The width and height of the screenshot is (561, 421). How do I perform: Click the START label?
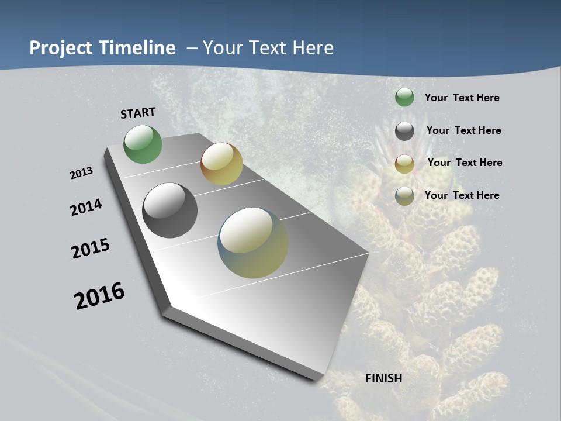pos(138,113)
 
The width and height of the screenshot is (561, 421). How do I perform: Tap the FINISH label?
pos(383,378)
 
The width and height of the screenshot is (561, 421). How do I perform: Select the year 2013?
pos(81,173)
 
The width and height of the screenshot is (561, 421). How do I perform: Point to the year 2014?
pos(86,207)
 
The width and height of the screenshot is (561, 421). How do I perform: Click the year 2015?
pos(91,249)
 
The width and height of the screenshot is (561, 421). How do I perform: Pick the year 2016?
pos(99,296)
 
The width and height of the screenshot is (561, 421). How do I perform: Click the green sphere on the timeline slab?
pos(143,144)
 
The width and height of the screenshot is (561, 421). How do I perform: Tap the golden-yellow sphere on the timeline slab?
pos(221,164)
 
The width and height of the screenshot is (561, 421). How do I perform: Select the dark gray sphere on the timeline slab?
pos(169,210)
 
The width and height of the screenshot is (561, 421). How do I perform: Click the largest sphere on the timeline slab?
pos(253,243)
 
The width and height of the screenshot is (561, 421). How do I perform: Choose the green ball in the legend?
pos(404,98)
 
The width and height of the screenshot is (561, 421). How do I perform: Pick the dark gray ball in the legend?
pos(404,131)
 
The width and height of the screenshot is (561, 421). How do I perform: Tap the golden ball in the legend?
pos(404,163)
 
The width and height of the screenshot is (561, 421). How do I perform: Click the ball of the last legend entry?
pos(404,196)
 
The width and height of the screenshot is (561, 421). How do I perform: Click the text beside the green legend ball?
pos(462,98)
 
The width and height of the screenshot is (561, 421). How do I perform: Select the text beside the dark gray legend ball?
pos(463,130)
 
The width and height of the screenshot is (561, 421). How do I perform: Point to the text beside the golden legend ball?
pos(465,163)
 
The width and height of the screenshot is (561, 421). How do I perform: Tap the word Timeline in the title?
pos(138,48)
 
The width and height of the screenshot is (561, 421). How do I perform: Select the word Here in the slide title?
pos(313,48)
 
